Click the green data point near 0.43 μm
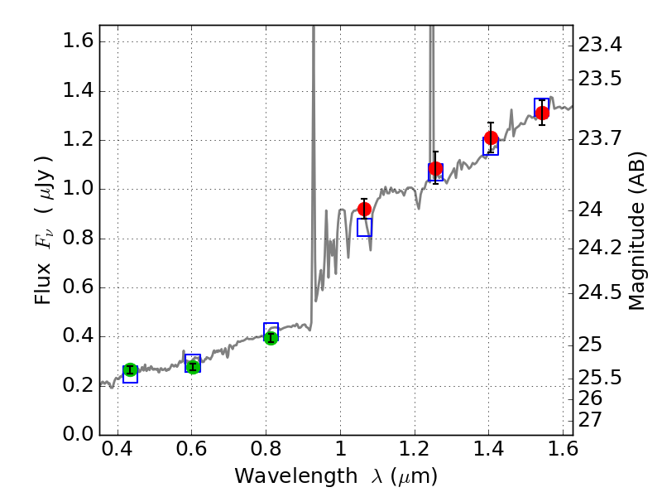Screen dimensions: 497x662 [130, 370]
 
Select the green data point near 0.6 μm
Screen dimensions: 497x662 [193, 367]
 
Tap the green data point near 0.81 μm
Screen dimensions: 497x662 [271, 337]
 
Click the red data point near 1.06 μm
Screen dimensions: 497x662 [364, 209]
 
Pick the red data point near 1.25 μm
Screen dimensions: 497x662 [435, 169]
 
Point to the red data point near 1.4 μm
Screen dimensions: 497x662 [491, 138]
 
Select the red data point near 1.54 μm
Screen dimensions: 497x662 [542, 113]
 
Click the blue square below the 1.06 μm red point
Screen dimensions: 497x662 [364, 227]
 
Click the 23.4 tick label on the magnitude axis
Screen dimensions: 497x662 [600, 43]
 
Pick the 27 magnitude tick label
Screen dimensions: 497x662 [592, 419]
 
